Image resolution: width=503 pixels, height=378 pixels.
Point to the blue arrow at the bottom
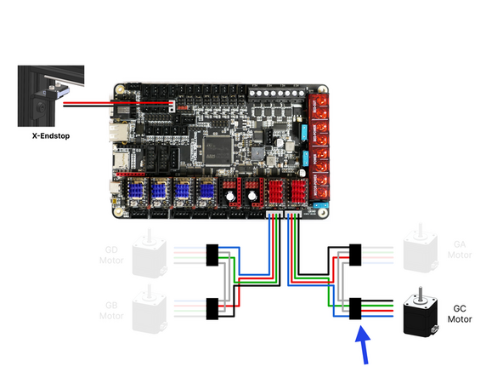[363, 345]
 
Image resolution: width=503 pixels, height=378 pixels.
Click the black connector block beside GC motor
[356, 306]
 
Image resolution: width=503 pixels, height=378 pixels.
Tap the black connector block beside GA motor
[356, 253]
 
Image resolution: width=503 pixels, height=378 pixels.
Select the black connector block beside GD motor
[213, 253]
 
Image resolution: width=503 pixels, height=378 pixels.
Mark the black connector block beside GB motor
[213, 306]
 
